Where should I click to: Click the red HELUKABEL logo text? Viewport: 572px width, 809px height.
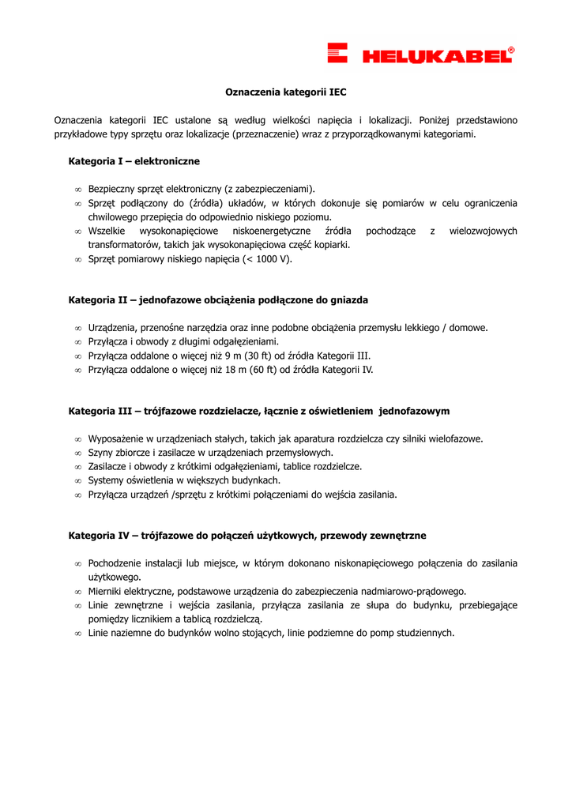click(435, 56)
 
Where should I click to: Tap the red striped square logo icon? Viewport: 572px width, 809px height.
click(338, 53)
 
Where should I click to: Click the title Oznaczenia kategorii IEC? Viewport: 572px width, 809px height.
click(286, 92)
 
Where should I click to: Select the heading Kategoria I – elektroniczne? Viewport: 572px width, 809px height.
click(134, 161)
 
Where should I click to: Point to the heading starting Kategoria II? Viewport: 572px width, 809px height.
click(218, 300)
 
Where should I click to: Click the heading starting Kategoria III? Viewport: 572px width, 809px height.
click(259, 411)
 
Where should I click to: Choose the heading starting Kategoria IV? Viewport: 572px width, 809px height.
click(247, 536)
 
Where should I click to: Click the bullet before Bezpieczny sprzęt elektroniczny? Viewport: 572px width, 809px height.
click(78, 190)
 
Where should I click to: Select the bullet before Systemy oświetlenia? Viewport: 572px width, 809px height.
click(78, 480)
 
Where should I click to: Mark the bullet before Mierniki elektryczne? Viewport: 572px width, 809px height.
click(78, 591)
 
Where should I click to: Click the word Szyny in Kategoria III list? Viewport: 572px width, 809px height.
click(100, 453)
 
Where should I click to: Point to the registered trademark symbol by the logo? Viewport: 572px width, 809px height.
click(511, 50)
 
